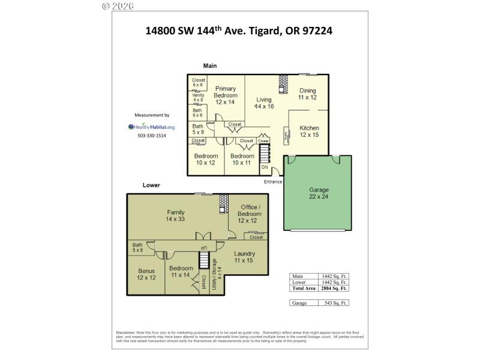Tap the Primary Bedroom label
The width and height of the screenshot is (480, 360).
click(x=226, y=95)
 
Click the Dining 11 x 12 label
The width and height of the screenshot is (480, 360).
click(x=307, y=94)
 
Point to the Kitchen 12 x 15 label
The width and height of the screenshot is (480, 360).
click(x=309, y=131)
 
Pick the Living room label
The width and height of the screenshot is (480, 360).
click(x=264, y=103)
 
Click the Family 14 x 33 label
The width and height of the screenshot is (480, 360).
click(x=175, y=215)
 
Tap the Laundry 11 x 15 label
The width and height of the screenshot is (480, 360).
click(x=244, y=257)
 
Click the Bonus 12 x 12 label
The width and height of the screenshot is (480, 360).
click(x=146, y=274)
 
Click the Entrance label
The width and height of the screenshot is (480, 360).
click(x=273, y=181)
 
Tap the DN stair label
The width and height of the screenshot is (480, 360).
click(x=265, y=167)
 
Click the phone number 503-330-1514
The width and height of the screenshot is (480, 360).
click(x=152, y=136)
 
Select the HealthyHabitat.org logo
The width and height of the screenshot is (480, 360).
click(x=152, y=127)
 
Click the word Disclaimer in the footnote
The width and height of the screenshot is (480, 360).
click(x=126, y=332)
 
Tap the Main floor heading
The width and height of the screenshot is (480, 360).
click(x=209, y=65)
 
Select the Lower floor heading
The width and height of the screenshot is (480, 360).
click(x=151, y=185)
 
